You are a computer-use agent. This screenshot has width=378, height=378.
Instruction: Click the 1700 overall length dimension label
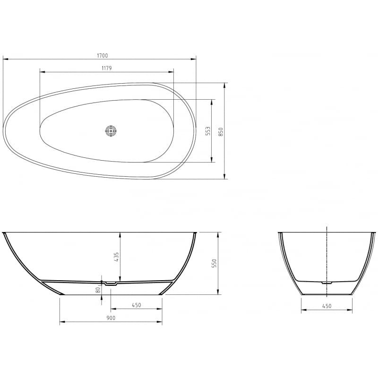point(103,55)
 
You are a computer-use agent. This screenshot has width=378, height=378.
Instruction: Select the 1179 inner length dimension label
point(106,68)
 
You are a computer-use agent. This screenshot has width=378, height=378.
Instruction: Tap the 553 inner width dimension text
point(207,131)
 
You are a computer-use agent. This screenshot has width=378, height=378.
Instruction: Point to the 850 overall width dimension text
point(221,131)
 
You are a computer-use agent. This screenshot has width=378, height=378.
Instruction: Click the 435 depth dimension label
point(116,257)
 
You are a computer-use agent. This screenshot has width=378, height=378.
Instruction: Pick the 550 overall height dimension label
point(214,263)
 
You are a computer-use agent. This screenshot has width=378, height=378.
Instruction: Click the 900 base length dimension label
point(111,318)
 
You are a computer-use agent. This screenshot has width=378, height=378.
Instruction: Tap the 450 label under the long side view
point(136,305)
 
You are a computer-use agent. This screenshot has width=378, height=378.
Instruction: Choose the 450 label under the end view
point(326,306)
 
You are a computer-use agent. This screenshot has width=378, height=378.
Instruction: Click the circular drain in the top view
point(111,131)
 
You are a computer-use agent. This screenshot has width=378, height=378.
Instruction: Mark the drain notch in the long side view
point(112,283)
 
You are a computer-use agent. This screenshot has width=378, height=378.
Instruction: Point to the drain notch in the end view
point(327,283)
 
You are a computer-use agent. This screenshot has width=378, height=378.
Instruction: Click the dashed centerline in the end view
point(327,255)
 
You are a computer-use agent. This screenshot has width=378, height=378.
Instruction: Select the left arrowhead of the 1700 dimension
point(5,59)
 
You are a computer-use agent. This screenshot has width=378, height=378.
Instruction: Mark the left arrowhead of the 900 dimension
point(62,322)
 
